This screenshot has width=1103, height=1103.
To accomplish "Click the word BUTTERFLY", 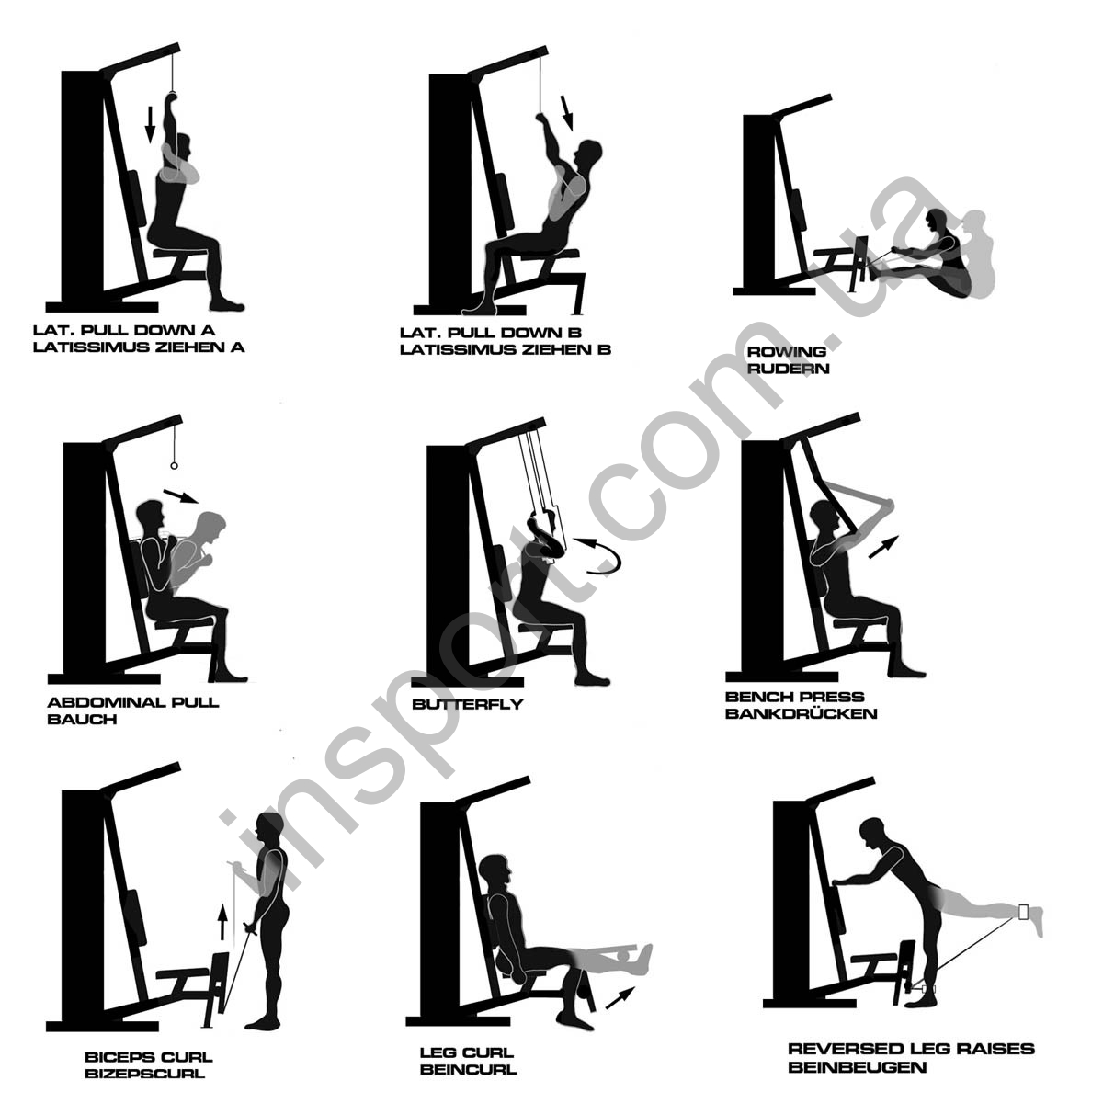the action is (468, 704).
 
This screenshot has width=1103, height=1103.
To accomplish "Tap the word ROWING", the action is (787, 351).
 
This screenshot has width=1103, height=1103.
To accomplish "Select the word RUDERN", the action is (788, 369).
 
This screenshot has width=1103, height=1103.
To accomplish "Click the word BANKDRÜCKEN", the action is (801, 714).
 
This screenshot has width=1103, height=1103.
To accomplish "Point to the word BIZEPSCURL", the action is (144, 1073).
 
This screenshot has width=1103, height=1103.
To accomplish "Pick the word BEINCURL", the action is (468, 1069).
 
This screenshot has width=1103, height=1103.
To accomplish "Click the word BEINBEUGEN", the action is (857, 1067).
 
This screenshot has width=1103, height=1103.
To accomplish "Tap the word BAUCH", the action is (82, 720).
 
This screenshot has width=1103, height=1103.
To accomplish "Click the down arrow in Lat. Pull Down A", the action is (150, 124).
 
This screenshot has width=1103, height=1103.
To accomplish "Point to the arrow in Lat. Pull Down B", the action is (567, 113).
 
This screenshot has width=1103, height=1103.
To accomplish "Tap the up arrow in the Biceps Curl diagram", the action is (222, 922).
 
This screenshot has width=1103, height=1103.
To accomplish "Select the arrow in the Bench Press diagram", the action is (883, 546).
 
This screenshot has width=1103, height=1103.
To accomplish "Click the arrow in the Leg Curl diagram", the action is (620, 997).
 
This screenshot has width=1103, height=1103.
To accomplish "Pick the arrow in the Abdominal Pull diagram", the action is (181, 495).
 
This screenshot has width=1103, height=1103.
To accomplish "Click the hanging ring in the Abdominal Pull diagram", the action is (174, 466).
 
